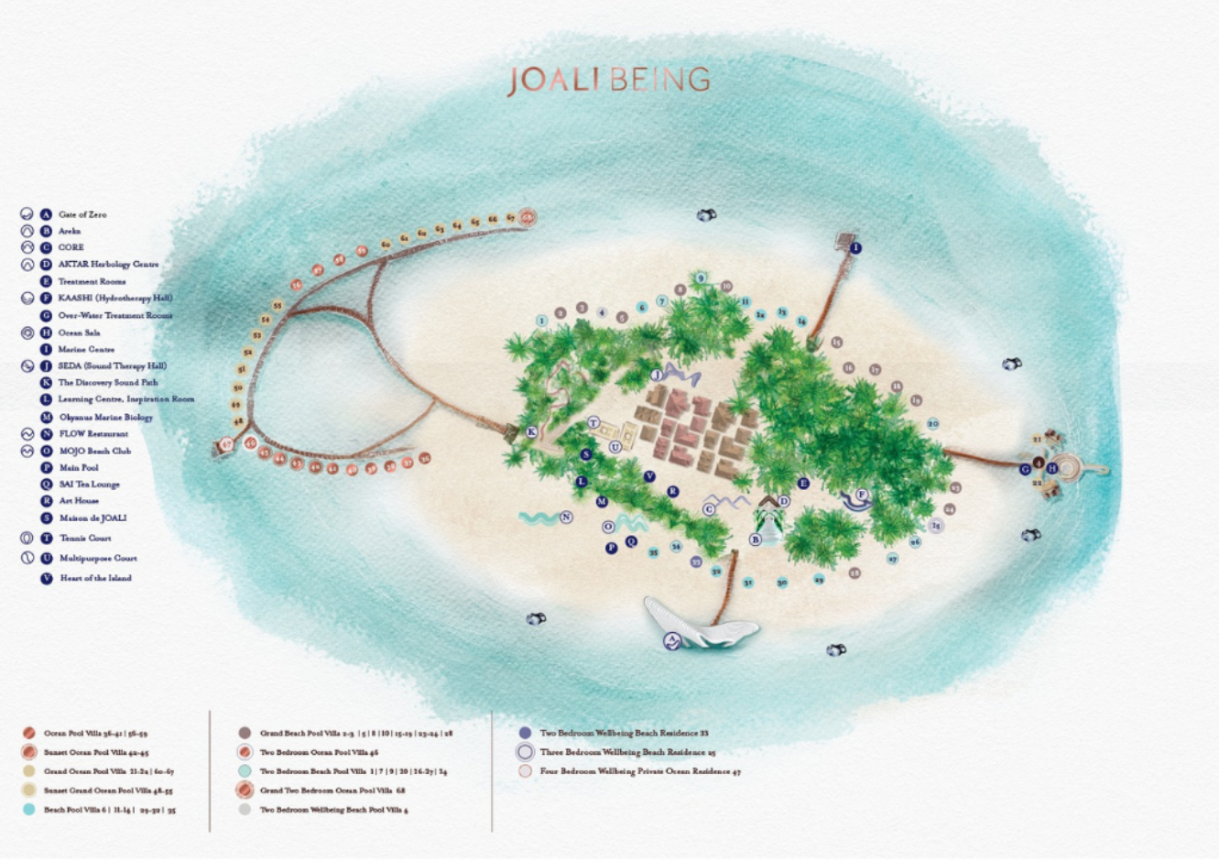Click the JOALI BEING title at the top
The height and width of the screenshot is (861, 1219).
[609, 81]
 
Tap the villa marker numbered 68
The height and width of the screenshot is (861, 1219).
[528, 218]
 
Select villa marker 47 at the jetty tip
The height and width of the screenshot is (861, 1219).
[226, 445]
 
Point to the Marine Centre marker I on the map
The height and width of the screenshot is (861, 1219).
[855, 248]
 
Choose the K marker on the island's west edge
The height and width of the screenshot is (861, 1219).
[531, 431]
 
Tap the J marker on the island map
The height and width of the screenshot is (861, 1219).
[657, 376]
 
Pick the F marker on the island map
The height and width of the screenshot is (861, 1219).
[861, 496]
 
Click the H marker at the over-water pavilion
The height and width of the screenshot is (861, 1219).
[1052, 469]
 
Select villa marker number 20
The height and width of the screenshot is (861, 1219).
[933, 424]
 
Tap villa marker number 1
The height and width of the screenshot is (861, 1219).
[542, 321]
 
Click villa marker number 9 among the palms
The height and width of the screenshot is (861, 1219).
[701, 278]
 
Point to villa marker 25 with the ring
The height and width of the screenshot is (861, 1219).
[936, 526]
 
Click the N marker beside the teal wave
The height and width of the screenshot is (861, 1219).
[566, 518]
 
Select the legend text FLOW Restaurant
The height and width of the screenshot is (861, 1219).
[93, 434]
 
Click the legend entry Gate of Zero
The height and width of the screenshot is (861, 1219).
[82, 214]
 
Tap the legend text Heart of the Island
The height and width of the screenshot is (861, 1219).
[95, 578]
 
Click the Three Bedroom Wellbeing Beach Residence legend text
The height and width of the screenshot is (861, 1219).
[627, 752]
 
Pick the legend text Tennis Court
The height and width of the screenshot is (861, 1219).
[85, 539]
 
